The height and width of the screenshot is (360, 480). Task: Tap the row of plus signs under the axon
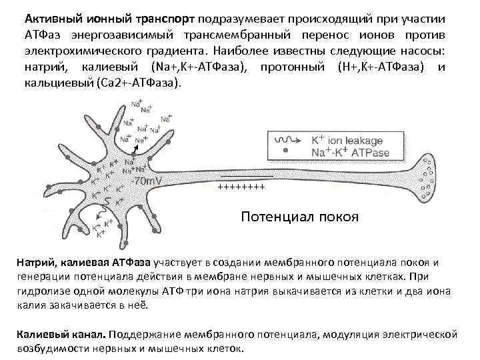click(x=241, y=187)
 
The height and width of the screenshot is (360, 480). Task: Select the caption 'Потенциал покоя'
click(x=299, y=217)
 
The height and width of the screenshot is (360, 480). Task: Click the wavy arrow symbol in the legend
click(x=288, y=141)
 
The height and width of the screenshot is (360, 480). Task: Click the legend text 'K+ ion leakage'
click(x=346, y=141)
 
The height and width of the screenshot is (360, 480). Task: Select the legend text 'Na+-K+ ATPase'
click(x=347, y=153)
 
